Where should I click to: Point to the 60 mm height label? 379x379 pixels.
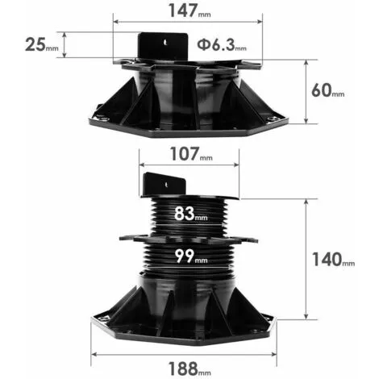click(329, 90)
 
